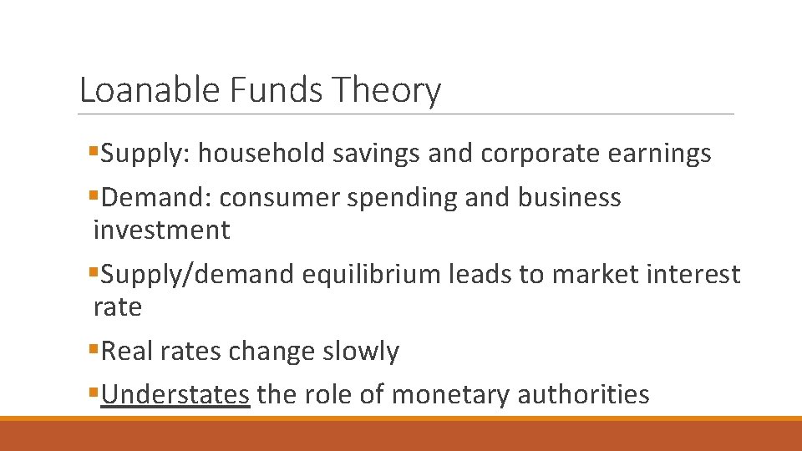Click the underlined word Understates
pos(175,393)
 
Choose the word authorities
pos(586,393)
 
